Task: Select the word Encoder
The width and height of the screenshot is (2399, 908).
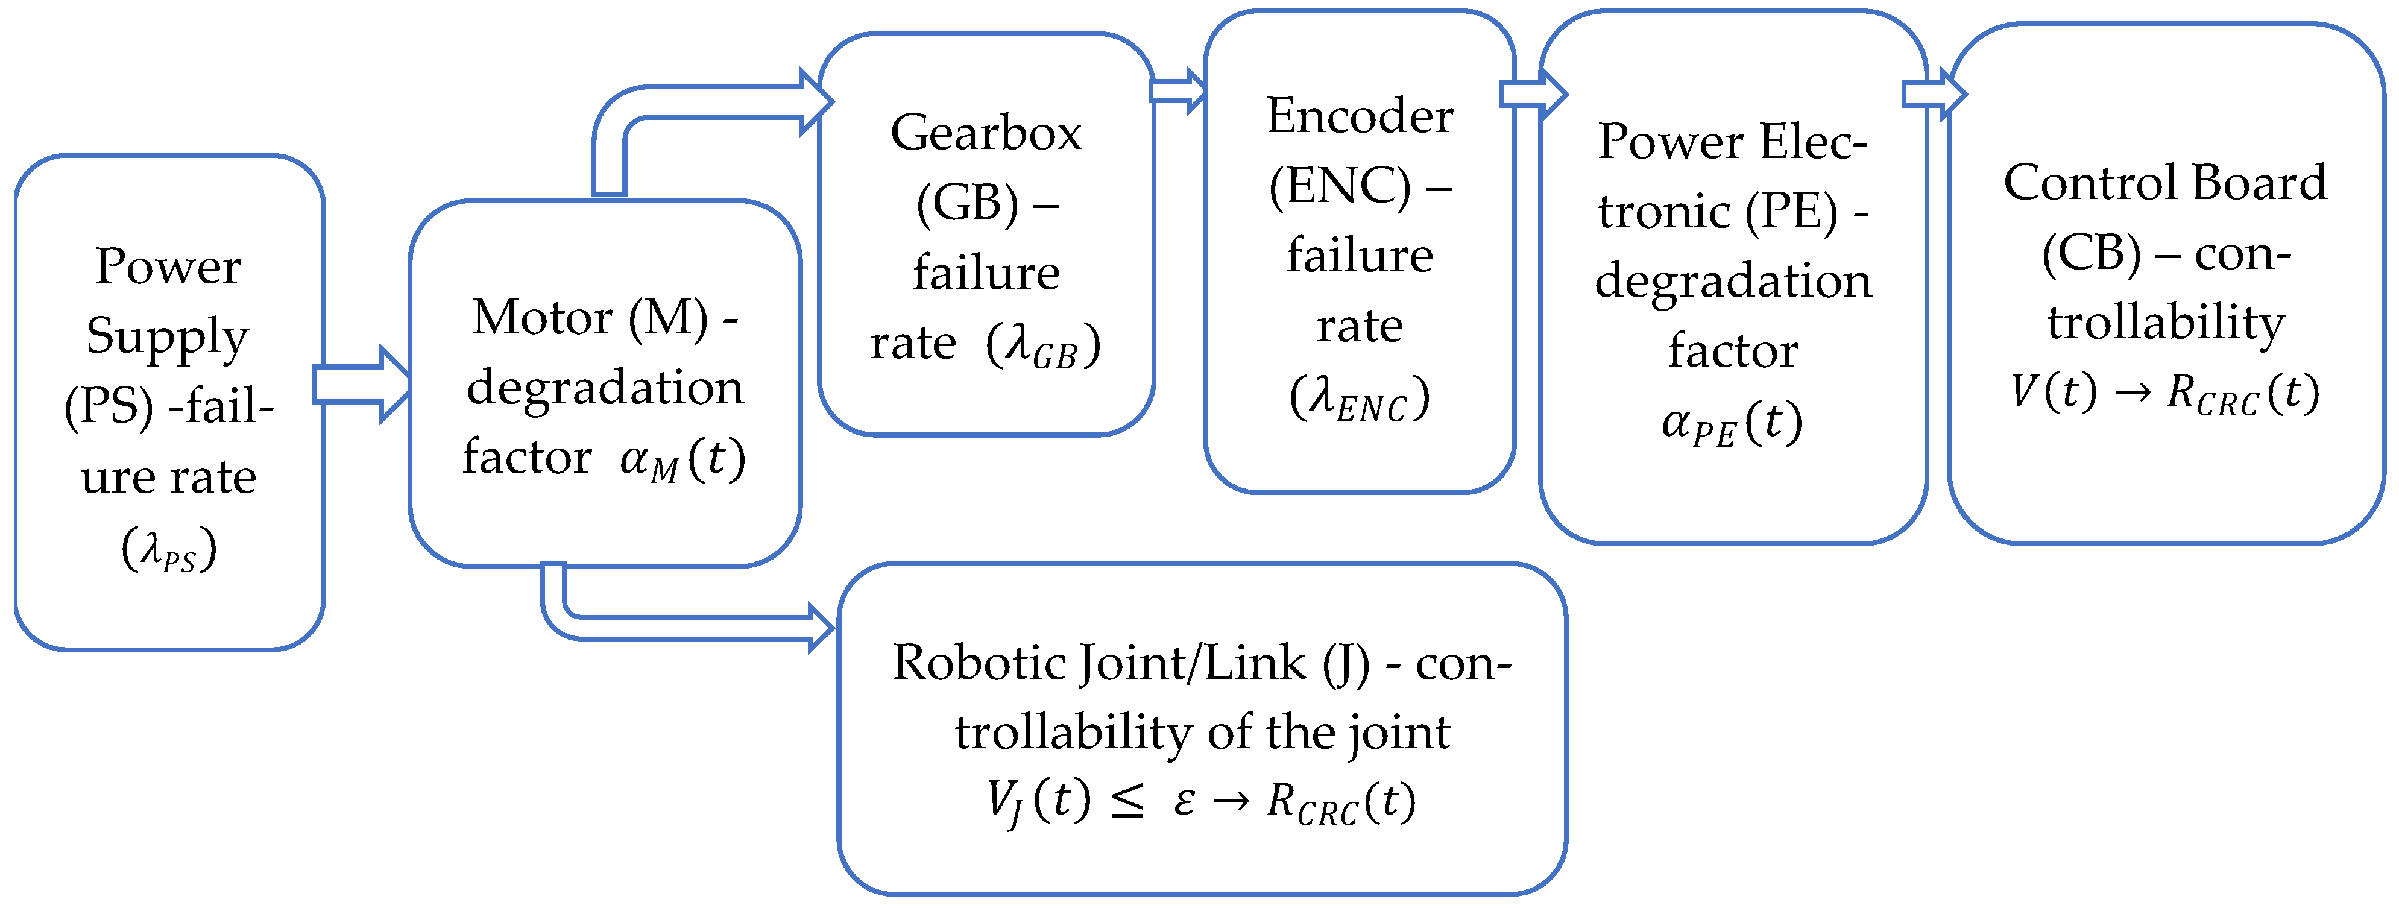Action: [x=1360, y=116]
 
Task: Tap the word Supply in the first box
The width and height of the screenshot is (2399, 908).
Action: [x=168, y=337]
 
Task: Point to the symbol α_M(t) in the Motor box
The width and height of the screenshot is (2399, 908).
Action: [x=683, y=459]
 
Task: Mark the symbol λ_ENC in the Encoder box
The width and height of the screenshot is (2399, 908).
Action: [x=1360, y=399]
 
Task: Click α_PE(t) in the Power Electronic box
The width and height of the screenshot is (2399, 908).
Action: [x=1732, y=424]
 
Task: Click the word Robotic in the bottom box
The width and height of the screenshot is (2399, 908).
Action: [x=979, y=663]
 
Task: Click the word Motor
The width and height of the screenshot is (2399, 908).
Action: [x=543, y=318]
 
